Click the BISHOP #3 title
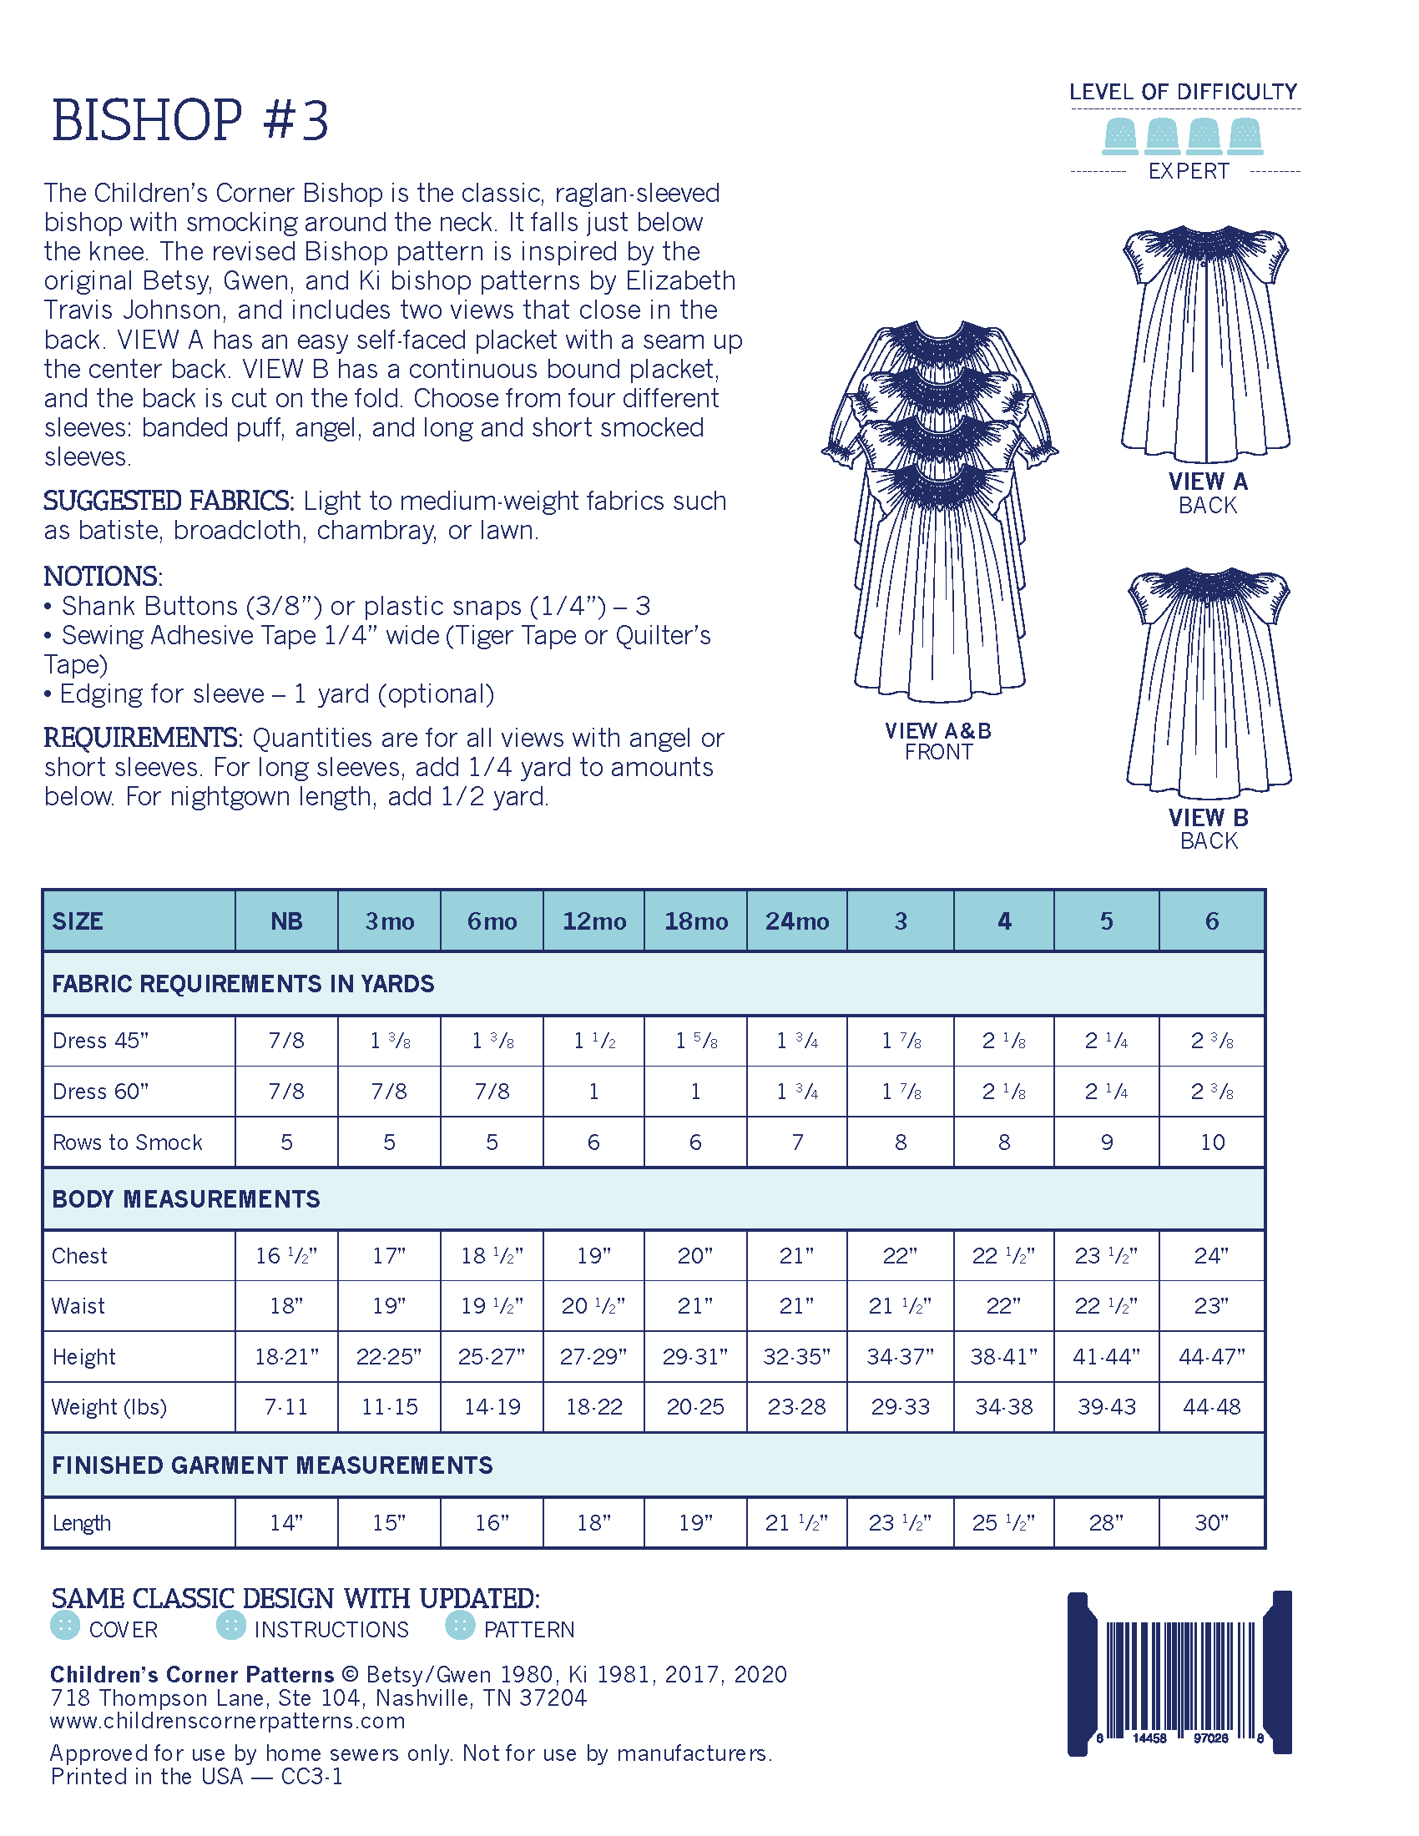pos(190,120)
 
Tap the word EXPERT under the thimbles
pos(1188,171)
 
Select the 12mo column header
pos(593,921)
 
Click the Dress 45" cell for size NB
pos(285,1041)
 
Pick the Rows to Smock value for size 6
pos(1211,1142)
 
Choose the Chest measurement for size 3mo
pos(389,1255)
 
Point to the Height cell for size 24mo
pos(796,1356)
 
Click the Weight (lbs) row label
pos(109,1406)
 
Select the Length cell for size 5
pos(1106,1522)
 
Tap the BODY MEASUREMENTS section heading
pos(186,1198)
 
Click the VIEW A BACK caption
pos(1207,493)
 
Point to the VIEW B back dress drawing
pos(1208,681)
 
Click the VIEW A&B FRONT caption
pos(938,741)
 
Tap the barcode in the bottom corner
pos(1179,1673)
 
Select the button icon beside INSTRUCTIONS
pos(231,1625)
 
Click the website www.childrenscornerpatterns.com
pos(228,1721)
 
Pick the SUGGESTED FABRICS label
pos(168,501)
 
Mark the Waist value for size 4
pos(1002,1305)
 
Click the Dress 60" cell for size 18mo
pos(695,1092)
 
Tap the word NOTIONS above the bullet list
pos(102,577)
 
